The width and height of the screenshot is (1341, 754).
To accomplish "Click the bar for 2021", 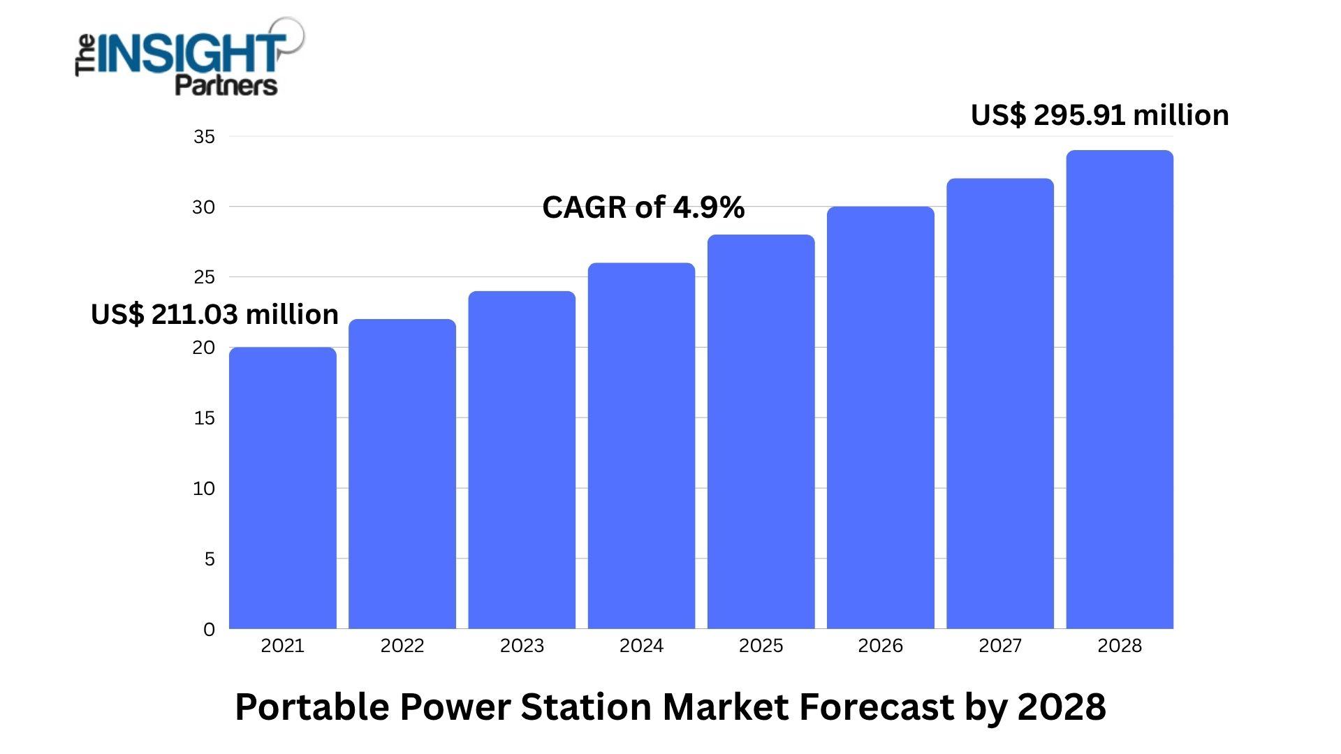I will point(283,489).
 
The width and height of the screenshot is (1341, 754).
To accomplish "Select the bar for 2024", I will point(641,447).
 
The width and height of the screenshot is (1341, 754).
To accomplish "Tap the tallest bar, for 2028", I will point(1120,391).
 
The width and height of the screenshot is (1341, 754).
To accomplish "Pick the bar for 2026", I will point(881,419).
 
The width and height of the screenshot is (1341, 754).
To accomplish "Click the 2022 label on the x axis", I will point(402,646).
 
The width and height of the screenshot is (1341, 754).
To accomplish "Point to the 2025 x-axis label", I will point(761,646).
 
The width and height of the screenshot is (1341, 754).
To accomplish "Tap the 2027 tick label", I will point(1000,646).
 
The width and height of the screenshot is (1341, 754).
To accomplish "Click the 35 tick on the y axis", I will point(204,137).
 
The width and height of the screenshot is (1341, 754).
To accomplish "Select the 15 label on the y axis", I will point(204,418).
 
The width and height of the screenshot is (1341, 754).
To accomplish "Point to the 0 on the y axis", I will point(209,630).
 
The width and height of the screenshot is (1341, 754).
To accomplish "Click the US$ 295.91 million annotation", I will point(1100,115).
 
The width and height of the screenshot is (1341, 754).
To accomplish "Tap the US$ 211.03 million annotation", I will point(214,314).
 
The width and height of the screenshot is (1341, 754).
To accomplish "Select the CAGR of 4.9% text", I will point(643,207).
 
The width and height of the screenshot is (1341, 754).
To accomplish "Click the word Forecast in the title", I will point(877,707).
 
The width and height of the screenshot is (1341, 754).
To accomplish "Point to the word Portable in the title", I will point(312,707).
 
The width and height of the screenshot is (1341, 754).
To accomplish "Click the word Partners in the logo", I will point(226,85).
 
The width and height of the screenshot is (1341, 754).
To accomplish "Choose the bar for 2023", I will point(522,461).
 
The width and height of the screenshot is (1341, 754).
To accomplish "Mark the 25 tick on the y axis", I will point(204,277).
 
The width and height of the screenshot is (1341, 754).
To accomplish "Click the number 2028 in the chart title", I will point(1062,707).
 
